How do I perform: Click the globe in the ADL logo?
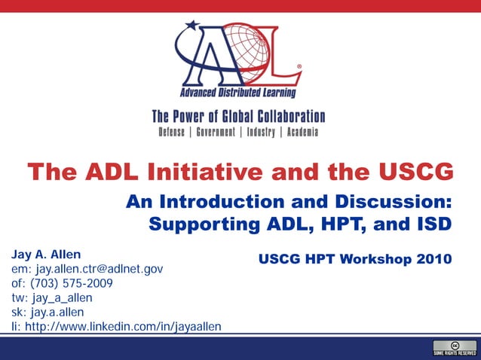point(250,53)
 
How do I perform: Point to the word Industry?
point(261,132)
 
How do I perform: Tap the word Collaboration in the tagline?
point(284,117)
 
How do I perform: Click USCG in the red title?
point(417,172)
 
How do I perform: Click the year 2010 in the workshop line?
point(433,260)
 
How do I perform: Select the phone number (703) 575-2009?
point(74,283)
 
